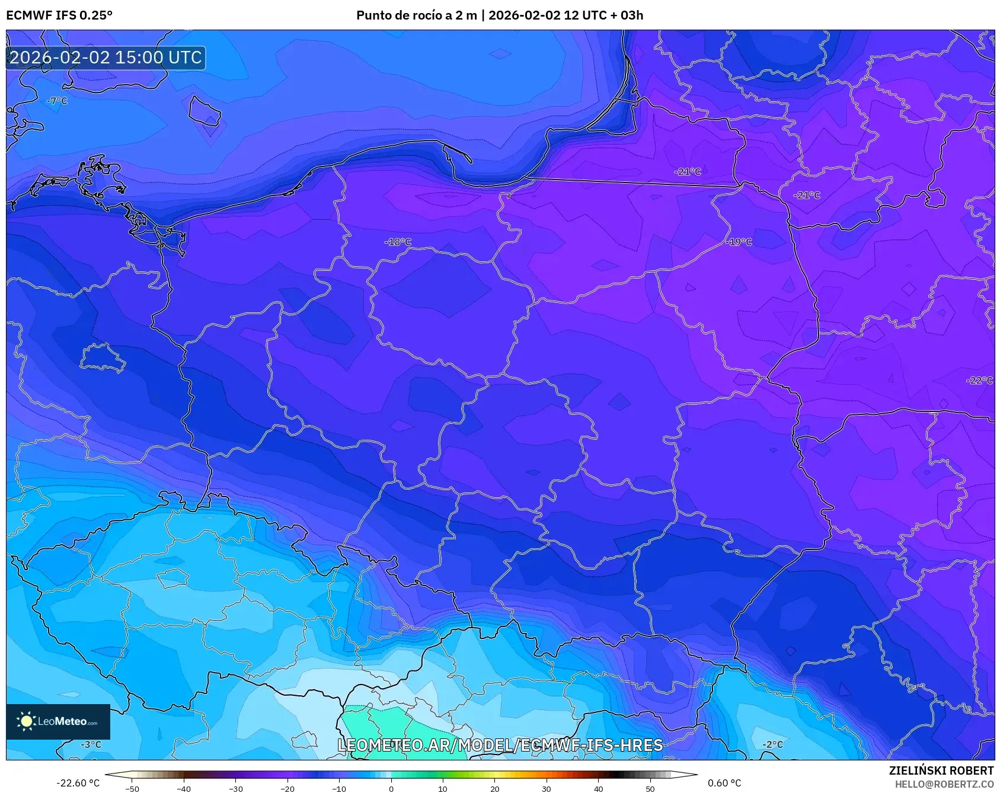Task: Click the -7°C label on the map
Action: pyautogui.click(x=57, y=101)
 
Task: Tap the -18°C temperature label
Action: pyautogui.click(x=398, y=242)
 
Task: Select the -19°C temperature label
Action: pyautogui.click(x=739, y=242)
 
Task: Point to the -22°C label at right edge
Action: pyautogui.click(x=979, y=380)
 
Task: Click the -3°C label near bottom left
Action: pyautogui.click(x=91, y=744)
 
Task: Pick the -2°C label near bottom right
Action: pyautogui.click(x=772, y=744)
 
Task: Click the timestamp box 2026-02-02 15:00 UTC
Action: pyautogui.click(x=106, y=57)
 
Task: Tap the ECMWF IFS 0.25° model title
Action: pyautogui.click(x=59, y=15)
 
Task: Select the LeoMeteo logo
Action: pyautogui.click(x=58, y=721)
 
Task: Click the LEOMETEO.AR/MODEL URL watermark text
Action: pyautogui.click(x=500, y=745)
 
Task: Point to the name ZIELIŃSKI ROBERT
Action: pyautogui.click(x=941, y=770)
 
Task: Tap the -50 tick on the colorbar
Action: pyautogui.click(x=132, y=789)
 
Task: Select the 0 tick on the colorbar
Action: pyautogui.click(x=391, y=789)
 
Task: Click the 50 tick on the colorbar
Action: pyautogui.click(x=650, y=789)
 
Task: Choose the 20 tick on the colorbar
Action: pyautogui.click(x=494, y=789)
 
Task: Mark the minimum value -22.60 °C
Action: pyautogui.click(x=78, y=783)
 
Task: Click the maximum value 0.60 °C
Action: pyautogui.click(x=724, y=783)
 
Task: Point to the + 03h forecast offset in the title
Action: pyautogui.click(x=624, y=15)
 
